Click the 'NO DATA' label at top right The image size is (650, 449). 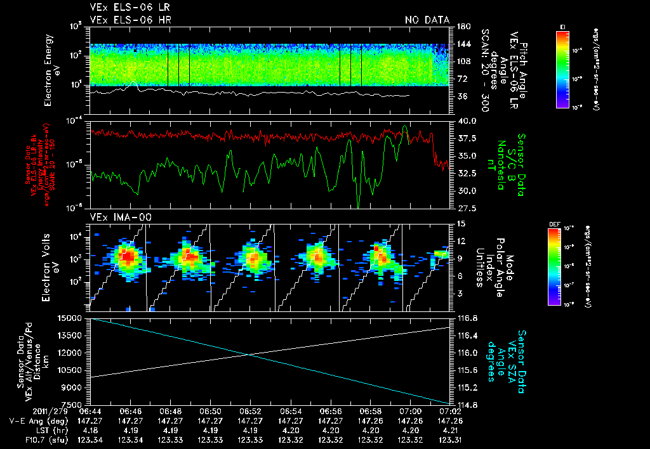point(427,20)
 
